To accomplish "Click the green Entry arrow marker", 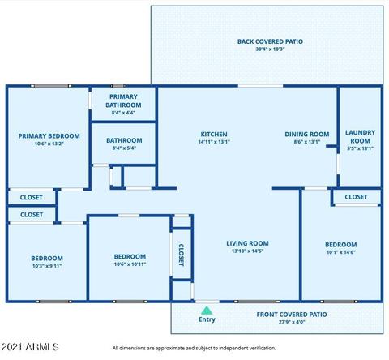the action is (207, 311).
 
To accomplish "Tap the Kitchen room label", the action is (214, 134).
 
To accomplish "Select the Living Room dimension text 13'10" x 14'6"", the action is (247, 251).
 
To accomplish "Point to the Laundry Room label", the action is (360, 136).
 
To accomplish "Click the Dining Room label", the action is (307, 134).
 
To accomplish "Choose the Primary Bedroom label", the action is (49, 136).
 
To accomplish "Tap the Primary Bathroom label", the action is (123, 101).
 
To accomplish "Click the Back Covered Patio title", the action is (270, 41).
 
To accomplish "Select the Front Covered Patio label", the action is (292, 315).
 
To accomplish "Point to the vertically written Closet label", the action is (182, 255).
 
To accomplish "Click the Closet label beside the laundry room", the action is (356, 197).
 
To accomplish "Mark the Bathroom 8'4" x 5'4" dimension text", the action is (124, 148).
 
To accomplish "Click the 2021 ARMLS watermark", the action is (30, 347).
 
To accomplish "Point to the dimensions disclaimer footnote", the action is (194, 348).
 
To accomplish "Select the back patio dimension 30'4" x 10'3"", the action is (270, 49).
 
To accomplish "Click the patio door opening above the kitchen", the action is (260, 86).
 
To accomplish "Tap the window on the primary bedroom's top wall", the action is (51, 86).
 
